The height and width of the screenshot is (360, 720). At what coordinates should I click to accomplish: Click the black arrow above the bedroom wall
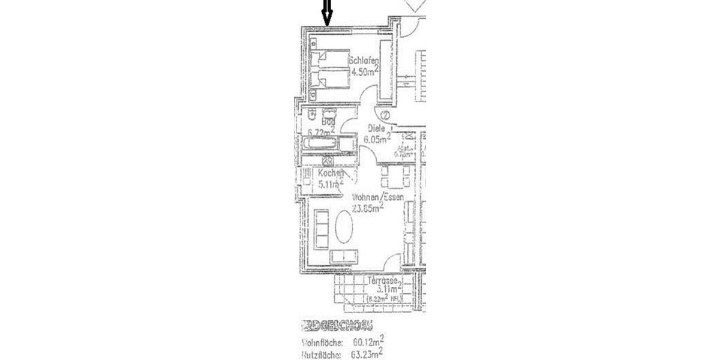(326, 13)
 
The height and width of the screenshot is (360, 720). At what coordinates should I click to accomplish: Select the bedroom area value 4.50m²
(364, 71)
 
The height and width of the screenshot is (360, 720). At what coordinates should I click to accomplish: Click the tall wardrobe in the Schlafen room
(386, 67)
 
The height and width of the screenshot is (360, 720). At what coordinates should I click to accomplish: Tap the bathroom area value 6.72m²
(321, 132)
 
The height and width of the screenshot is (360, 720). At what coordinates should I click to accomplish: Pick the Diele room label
(376, 128)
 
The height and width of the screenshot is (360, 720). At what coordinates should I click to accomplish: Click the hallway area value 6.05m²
(377, 138)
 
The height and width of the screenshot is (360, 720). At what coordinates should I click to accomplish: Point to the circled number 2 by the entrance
(385, 115)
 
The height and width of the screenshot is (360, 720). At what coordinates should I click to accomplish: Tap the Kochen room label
(331, 173)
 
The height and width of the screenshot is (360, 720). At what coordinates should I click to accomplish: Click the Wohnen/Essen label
(377, 197)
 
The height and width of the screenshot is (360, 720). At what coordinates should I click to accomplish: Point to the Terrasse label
(384, 281)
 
